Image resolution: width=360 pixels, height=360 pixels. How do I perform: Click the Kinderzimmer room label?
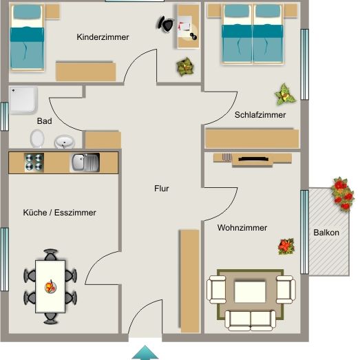click(103, 37)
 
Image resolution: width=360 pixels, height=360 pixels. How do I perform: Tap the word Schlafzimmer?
click(260, 115)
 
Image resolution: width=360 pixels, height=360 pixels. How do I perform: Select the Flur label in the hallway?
click(161, 188)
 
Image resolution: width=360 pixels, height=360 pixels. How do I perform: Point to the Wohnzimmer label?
click(242, 228)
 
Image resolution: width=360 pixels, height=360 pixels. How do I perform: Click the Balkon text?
click(326, 233)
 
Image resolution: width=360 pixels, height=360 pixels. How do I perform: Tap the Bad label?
click(45, 121)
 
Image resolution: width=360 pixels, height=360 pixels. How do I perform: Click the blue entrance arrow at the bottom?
click(145, 352)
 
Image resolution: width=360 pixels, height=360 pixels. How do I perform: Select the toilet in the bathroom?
click(37, 139)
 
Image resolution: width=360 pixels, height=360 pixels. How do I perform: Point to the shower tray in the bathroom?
click(23, 100)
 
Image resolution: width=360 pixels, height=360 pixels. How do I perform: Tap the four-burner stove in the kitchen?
click(34, 162)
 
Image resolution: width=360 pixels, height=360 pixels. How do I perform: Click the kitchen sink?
click(85, 162)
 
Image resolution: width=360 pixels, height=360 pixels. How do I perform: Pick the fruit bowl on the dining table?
click(50, 286)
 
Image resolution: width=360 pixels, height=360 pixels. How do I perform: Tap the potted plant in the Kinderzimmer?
click(185, 67)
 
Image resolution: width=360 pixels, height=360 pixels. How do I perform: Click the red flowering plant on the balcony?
click(341, 193)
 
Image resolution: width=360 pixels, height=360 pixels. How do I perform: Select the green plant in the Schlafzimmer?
click(284, 93)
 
